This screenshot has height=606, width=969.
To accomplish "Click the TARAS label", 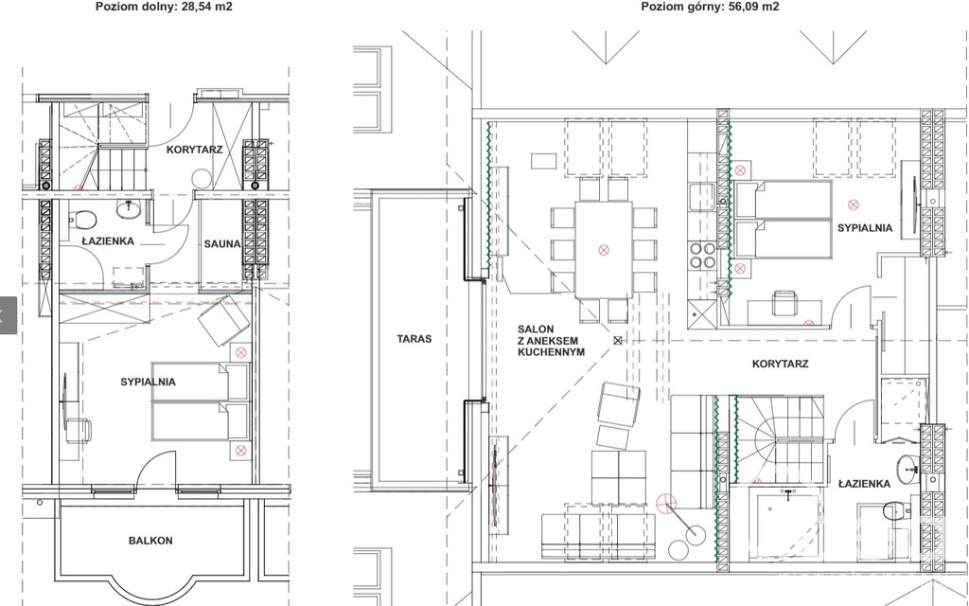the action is pyautogui.click(x=414, y=339).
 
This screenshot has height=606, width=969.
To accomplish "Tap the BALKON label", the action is pyautogui.click(x=150, y=541).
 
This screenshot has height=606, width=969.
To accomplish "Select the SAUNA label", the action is pyautogui.click(x=221, y=244).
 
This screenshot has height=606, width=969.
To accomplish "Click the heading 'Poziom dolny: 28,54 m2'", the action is pyautogui.click(x=164, y=7).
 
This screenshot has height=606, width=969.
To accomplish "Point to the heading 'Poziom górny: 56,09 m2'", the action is pyautogui.click(x=710, y=7).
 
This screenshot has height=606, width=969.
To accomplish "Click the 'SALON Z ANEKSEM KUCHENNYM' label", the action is pyautogui.click(x=552, y=341).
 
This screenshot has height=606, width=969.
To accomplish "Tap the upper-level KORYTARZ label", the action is pyautogui.click(x=780, y=364).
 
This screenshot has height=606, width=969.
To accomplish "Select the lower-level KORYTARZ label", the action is pyautogui.click(x=194, y=150).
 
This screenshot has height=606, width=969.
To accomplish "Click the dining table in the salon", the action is pyautogui.click(x=603, y=250).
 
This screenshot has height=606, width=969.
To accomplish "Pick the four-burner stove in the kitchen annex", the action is pyautogui.click(x=703, y=256).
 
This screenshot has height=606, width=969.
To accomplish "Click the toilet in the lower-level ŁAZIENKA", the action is pyautogui.click(x=83, y=219).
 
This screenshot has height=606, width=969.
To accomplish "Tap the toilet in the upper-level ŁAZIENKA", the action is pyautogui.click(x=896, y=511).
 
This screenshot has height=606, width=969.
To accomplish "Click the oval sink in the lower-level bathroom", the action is pyautogui.click(x=129, y=208).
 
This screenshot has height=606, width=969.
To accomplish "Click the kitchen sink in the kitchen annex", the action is pyautogui.click(x=702, y=197).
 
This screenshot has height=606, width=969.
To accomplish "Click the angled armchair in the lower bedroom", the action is pyautogui.click(x=223, y=320).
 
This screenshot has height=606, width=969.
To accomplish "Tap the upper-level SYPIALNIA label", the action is pyautogui.click(x=865, y=228).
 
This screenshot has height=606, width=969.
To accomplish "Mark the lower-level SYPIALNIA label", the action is pyautogui.click(x=148, y=383).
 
